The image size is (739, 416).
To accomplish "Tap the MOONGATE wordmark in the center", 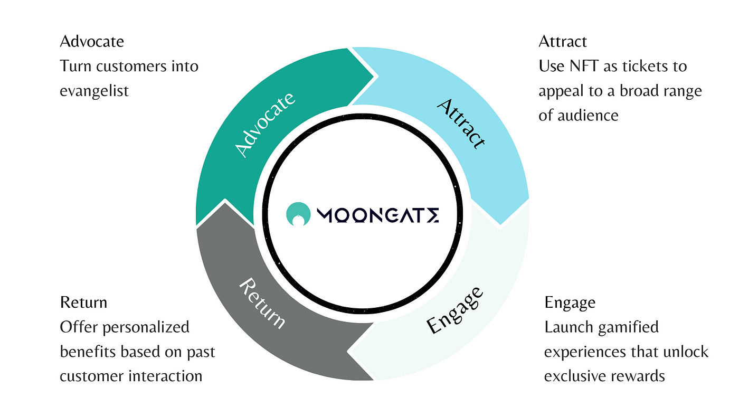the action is [x=378, y=215].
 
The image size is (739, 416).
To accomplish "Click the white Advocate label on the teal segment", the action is [x=266, y=125].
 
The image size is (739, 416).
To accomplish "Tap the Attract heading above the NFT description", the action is [x=563, y=41].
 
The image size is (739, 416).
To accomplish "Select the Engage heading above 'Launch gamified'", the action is [x=570, y=302].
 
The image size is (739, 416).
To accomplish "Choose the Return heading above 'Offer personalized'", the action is [x=83, y=302].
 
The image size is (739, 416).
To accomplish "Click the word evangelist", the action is [x=94, y=90].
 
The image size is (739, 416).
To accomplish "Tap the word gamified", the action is [x=631, y=327].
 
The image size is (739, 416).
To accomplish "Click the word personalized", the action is [x=146, y=327].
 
